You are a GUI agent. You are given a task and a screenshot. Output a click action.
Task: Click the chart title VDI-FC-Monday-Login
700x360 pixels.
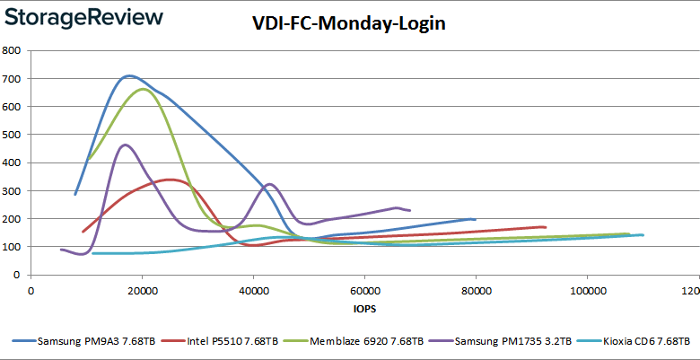pyautogui.click(x=349, y=24)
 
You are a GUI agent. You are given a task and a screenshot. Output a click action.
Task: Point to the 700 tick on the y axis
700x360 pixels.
pyautogui.click(x=13, y=79)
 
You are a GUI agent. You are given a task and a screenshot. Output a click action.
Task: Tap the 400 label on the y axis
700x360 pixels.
pyautogui.click(x=13, y=162)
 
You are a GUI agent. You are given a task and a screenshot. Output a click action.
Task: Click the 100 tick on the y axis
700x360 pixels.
pyautogui.click(x=13, y=247)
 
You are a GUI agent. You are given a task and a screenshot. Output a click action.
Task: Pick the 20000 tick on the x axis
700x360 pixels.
pyautogui.click(x=143, y=291)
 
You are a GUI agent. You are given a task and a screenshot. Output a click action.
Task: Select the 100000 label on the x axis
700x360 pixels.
pyautogui.click(x=586, y=291)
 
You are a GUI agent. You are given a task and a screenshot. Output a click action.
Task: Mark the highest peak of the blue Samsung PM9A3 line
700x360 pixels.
pyautogui.click(x=129, y=75)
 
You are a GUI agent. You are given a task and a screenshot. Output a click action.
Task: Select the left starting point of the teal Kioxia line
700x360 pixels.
pyautogui.click(x=92, y=253)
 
